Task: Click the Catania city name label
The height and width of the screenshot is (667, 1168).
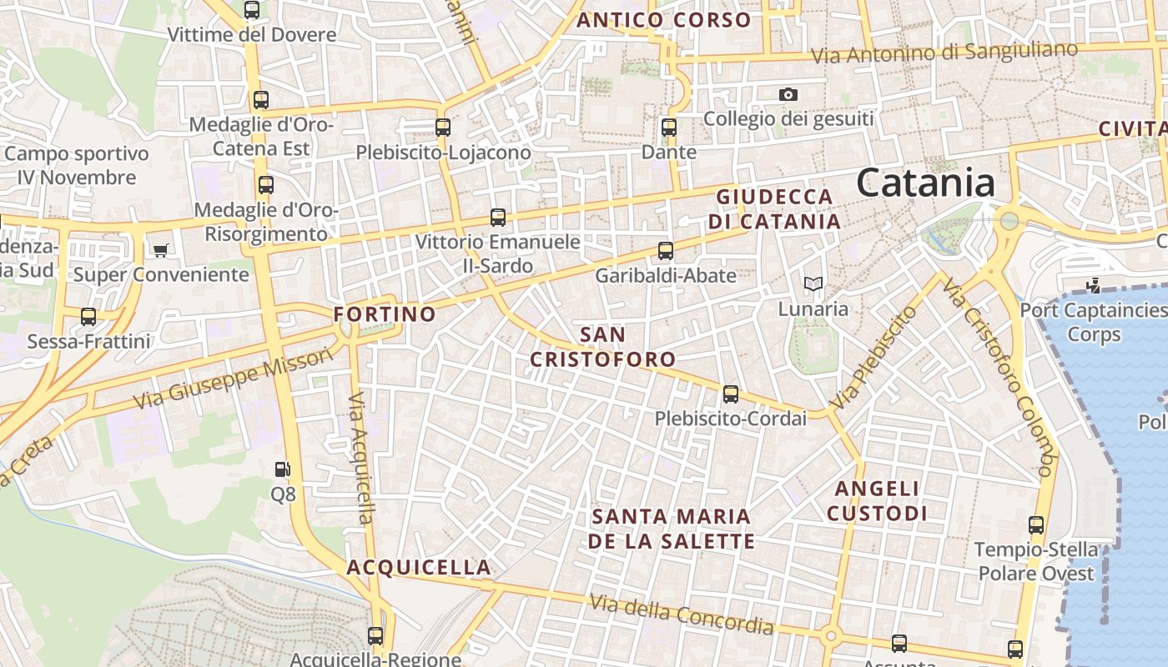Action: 925,183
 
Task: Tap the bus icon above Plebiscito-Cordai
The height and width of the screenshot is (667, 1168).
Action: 731,394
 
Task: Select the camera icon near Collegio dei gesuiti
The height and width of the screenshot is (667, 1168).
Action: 788,95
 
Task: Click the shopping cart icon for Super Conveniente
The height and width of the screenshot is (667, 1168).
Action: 161,250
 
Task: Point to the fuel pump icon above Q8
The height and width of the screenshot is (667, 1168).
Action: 283,469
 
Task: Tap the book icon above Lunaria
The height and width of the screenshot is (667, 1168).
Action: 813,284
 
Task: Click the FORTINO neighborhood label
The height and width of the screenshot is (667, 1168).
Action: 385,314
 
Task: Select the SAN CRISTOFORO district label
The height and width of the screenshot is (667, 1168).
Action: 603,347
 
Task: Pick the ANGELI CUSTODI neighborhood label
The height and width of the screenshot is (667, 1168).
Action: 877,500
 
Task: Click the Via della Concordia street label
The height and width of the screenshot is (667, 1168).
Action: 682,614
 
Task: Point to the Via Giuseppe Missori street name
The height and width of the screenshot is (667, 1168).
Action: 234,379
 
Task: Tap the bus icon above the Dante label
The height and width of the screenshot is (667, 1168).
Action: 668,128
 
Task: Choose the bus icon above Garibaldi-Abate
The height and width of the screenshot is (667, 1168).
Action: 665,250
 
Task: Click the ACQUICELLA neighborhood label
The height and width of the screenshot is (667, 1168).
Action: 419,568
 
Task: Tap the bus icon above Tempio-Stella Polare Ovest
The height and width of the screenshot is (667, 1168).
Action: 1036,525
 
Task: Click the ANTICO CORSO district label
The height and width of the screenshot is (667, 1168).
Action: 664,20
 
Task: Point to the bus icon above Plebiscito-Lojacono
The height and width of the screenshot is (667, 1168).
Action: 443,128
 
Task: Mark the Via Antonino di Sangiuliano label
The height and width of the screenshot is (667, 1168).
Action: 945,53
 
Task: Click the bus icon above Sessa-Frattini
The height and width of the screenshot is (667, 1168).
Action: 88,317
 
